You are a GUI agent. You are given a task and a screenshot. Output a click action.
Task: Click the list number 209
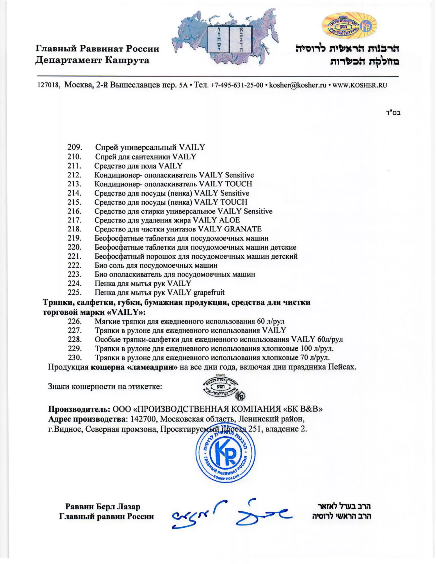(75, 147)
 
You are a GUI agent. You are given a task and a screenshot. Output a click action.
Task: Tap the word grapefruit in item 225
(209, 292)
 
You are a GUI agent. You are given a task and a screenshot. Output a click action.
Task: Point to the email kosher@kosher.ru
(298, 85)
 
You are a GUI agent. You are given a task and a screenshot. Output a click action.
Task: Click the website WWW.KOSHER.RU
(360, 85)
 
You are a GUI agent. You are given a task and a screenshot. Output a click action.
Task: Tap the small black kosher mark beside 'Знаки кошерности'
(224, 387)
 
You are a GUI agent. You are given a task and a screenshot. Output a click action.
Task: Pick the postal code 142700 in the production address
(143, 419)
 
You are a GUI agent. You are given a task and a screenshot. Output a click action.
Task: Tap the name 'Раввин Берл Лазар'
(103, 506)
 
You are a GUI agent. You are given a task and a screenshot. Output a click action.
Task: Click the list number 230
(75, 358)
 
